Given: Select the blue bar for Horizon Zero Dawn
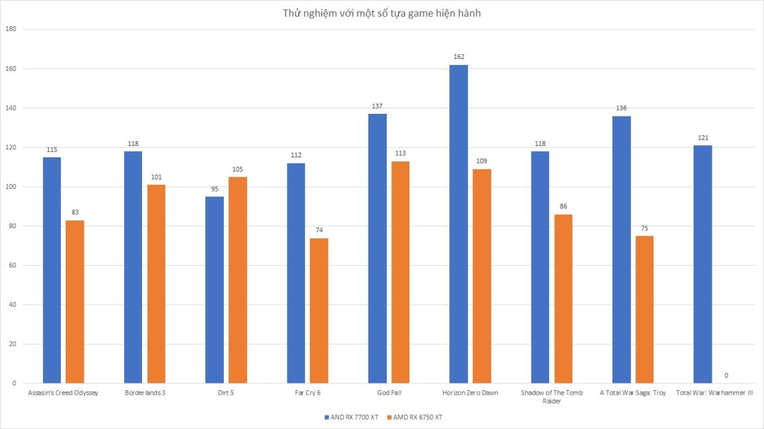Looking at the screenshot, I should [x=458, y=224].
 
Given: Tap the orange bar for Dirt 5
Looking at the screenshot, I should [x=237, y=280].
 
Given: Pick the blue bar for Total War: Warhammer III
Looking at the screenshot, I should [x=703, y=264].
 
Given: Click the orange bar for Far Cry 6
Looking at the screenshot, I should [x=319, y=311].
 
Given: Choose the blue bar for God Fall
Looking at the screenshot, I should [x=377, y=248].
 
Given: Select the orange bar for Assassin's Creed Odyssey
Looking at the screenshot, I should [x=75, y=302].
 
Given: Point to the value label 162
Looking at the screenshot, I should [x=458, y=57].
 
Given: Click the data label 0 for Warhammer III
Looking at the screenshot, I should [x=726, y=375].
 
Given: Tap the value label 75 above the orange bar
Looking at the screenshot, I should [x=644, y=228].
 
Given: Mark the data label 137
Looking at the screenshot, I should [x=377, y=106].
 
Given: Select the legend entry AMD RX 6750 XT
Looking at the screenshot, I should [x=417, y=417].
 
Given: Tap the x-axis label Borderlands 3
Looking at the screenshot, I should [x=145, y=393].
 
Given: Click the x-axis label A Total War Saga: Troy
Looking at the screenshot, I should [x=633, y=393].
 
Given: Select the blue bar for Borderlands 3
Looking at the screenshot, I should [x=133, y=267].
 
